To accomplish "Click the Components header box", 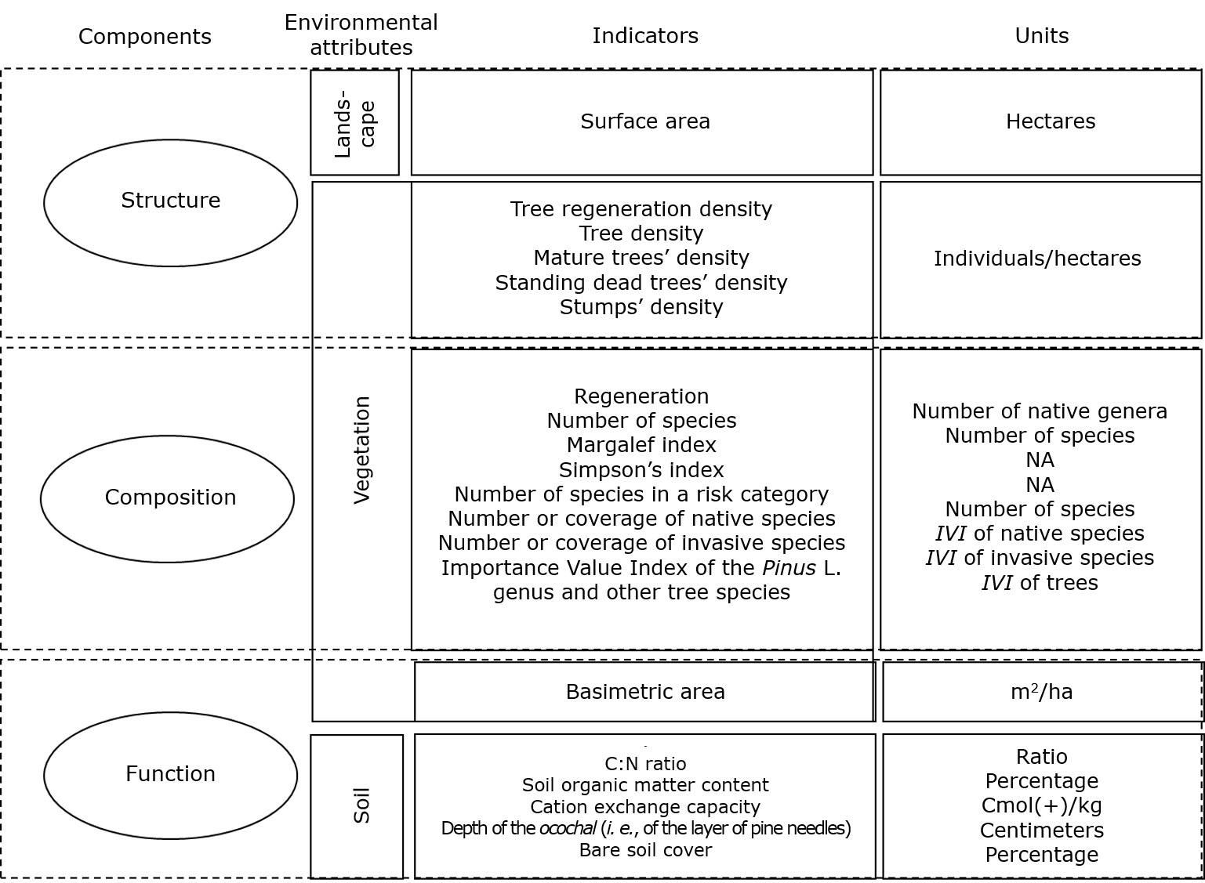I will (145, 36).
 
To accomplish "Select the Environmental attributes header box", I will (361, 34).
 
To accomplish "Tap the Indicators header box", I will (645, 36).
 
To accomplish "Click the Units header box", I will (1041, 36).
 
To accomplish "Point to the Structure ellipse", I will (170, 201).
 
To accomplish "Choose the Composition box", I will (170, 497).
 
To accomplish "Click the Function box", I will (170, 773).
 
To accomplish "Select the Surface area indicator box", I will (645, 121).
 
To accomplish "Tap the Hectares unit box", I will (1051, 121).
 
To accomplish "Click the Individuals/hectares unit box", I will (1037, 259).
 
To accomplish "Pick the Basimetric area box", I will (645, 691).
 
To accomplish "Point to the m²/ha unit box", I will (1041, 691).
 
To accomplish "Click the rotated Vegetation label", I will (361, 450).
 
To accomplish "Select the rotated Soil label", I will (361, 805).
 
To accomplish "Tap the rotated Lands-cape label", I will (355, 124).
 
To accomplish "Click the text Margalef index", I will (641, 445).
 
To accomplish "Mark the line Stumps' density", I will (641, 307).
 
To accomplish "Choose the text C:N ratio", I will (645, 764).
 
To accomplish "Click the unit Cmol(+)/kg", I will (1041, 805).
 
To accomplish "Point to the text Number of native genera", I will (1040, 411).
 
